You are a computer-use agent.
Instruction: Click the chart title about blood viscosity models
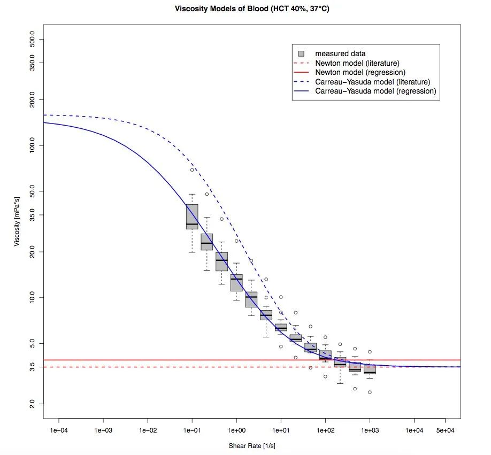point(252,9)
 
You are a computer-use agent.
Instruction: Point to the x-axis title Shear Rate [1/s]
point(251,445)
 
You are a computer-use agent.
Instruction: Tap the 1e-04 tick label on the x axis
point(59,429)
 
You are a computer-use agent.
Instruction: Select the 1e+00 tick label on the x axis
point(236,429)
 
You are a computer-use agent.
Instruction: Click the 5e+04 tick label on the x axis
point(445,429)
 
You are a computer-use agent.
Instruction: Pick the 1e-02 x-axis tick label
point(148,429)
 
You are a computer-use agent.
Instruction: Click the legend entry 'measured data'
point(340,53)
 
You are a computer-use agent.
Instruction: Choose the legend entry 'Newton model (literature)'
point(357,63)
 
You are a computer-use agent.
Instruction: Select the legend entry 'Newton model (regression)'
point(360,72)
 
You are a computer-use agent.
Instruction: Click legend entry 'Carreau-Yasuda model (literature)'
point(373,82)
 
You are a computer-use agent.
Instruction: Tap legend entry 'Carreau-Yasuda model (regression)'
point(375,91)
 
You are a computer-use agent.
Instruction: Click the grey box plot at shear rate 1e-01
point(192,217)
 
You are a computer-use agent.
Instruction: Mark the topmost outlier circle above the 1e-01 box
point(192,170)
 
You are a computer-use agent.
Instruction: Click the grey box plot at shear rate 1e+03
point(370,369)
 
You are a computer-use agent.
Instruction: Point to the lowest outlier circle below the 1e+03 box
point(370,392)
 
